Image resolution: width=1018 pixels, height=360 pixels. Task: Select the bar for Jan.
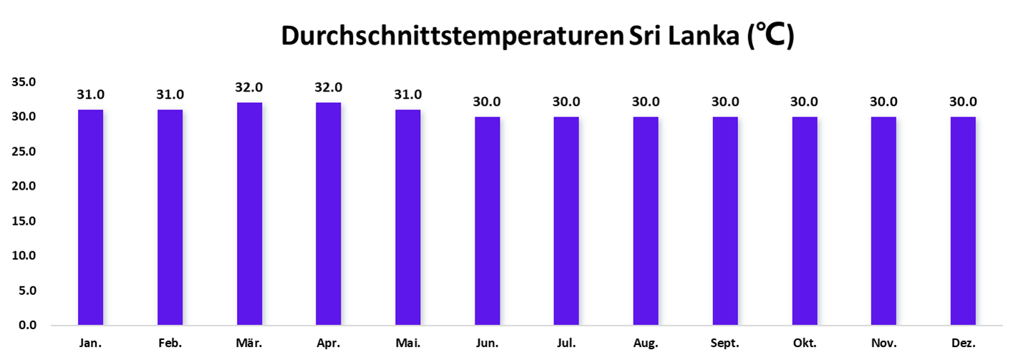[91, 218]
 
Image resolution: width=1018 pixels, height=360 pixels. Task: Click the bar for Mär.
[250, 214]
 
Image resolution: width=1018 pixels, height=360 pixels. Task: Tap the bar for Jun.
[487, 221]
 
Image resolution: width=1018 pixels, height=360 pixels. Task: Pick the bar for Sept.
[724, 221]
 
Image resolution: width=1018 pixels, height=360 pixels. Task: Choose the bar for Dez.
[963, 221]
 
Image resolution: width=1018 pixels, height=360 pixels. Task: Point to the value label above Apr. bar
[329, 87]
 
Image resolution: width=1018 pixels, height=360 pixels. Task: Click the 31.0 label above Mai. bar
[408, 94]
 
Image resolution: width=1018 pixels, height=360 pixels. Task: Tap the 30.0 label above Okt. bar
[804, 102]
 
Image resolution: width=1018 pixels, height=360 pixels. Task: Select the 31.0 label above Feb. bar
[170, 94]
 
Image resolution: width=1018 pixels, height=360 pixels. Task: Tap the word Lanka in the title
[703, 37]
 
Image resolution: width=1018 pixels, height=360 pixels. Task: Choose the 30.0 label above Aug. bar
[645, 102]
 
